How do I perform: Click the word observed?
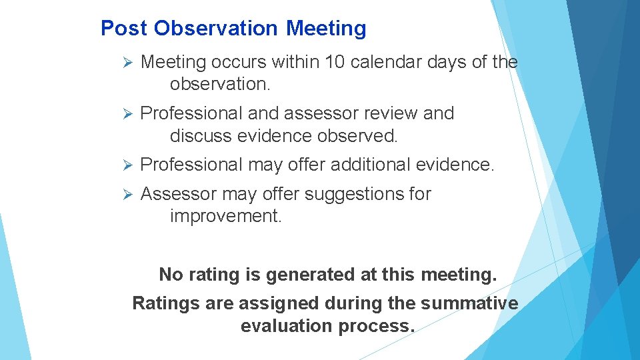357,136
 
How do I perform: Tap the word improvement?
225,217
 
